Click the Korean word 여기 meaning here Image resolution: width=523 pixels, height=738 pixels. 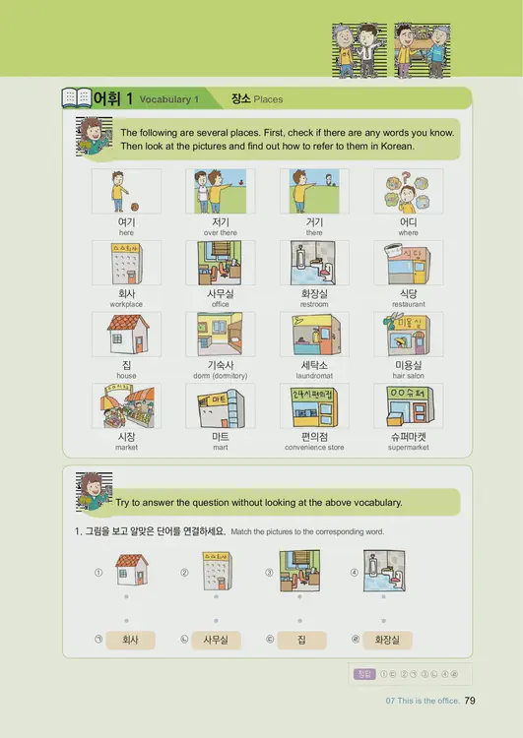pos(126,222)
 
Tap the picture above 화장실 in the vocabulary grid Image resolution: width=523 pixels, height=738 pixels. pos(314,263)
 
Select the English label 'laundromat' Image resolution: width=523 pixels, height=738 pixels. pos(314,376)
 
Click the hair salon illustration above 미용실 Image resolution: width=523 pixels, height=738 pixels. pos(408,335)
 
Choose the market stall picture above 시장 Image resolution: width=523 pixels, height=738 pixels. pos(126,405)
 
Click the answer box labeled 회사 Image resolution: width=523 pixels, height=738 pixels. pos(129,640)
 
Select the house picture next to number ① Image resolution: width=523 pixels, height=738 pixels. pos(131,571)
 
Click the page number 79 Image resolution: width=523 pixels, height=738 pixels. pos(470,701)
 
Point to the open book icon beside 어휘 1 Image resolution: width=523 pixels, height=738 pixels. pos(76,98)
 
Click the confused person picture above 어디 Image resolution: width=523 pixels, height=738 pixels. pos(408,191)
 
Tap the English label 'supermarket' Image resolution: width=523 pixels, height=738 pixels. pos(408,447)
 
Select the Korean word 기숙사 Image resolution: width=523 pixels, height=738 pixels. pos(220,365)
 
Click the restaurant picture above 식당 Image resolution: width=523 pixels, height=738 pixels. pos(408,263)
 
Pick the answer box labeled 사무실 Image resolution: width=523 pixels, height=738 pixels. pos(215,640)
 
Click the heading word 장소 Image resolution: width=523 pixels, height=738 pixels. pos(240,99)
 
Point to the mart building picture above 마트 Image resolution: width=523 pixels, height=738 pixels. pos(220,405)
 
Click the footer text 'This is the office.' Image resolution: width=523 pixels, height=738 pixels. pos(429,702)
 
